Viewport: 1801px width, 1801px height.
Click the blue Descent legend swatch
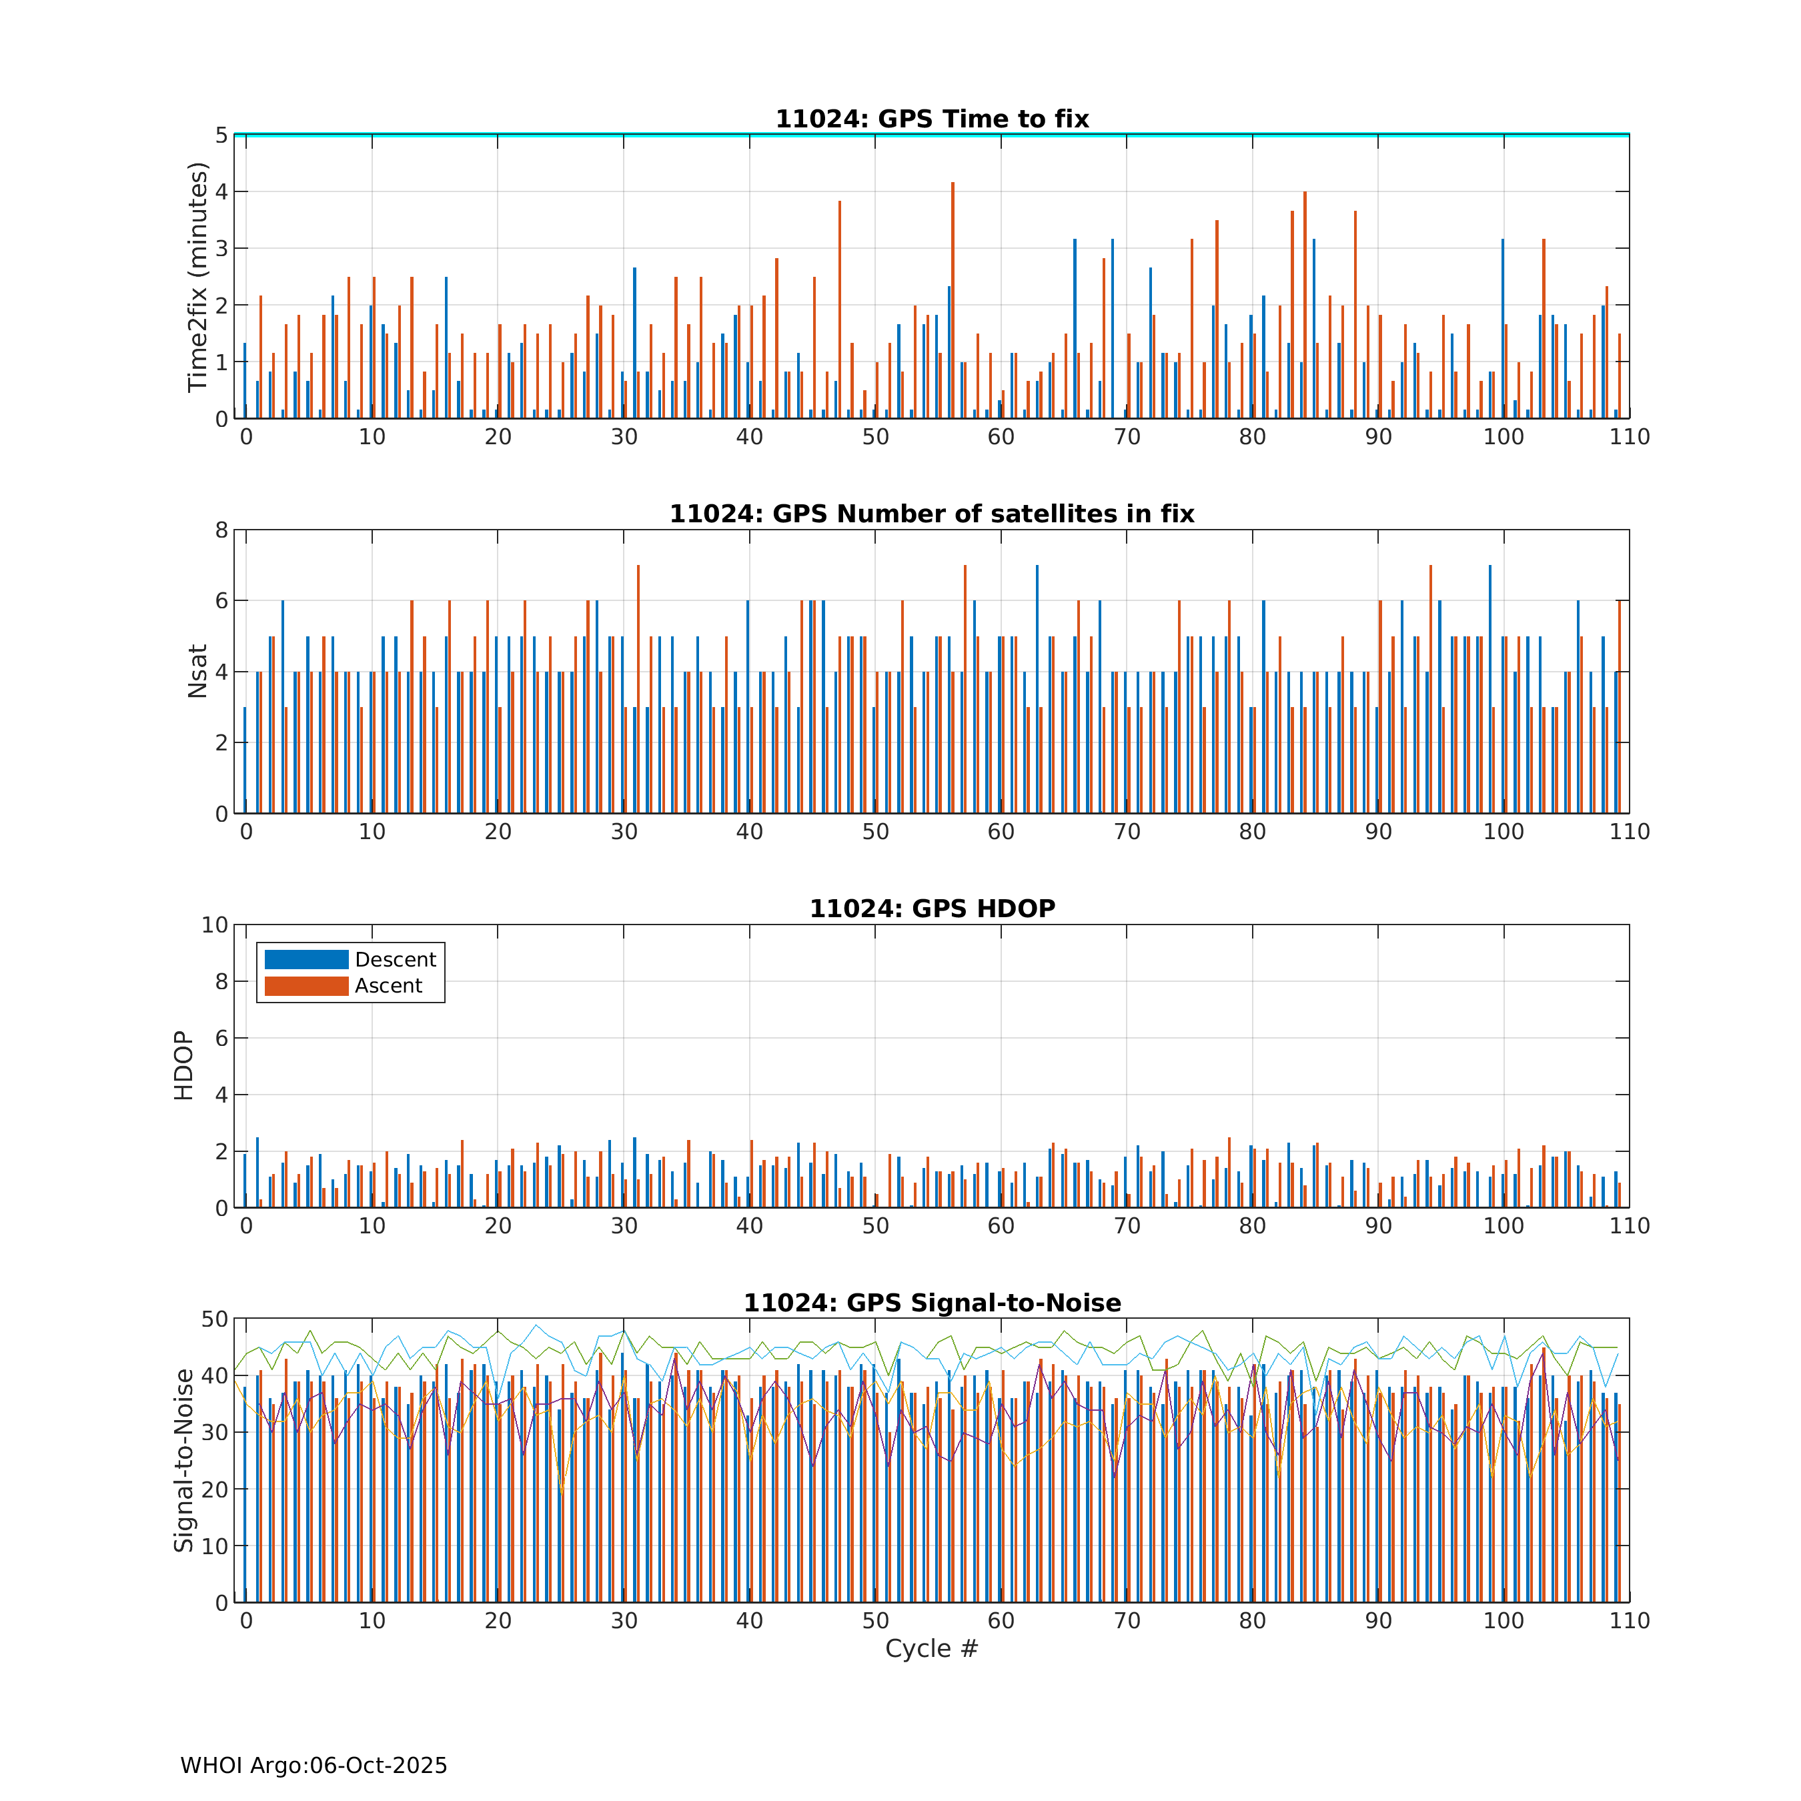(x=306, y=959)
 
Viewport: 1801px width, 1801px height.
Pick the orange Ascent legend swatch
(x=306, y=985)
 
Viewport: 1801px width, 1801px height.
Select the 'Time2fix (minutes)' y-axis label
(x=197, y=277)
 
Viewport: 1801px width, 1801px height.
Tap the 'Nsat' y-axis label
(x=197, y=671)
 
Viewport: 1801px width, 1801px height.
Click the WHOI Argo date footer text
(x=314, y=1766)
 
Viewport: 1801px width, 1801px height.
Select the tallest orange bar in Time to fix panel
(x=953, y=298)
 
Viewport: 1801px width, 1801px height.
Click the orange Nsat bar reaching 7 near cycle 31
(x=638, y=690)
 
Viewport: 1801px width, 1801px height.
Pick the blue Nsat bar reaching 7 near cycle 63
(x=1037, y=690)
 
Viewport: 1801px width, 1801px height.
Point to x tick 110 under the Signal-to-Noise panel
(x=1628, y=1620)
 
